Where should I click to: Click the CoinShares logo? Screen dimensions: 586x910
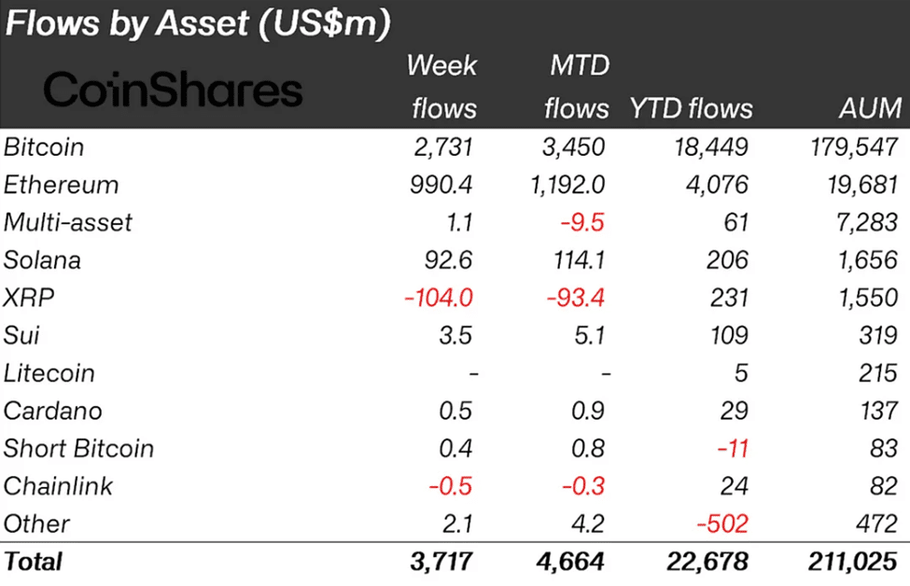[174, 91]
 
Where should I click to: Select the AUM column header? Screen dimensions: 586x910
[869, 108]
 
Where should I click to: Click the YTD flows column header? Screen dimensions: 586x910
[691, 108]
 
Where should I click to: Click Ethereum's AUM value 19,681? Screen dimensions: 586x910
[864, 185]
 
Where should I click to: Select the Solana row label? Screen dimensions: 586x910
[42, 259]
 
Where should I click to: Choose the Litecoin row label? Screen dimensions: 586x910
[49, 373]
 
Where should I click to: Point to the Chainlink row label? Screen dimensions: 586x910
[58, 485]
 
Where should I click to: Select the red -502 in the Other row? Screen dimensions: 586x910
[723, 523]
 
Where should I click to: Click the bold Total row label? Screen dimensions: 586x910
[34, 562]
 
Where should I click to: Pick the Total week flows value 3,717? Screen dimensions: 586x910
[442, 562]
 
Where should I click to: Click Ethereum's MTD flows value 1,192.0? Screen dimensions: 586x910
[566, 185]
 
